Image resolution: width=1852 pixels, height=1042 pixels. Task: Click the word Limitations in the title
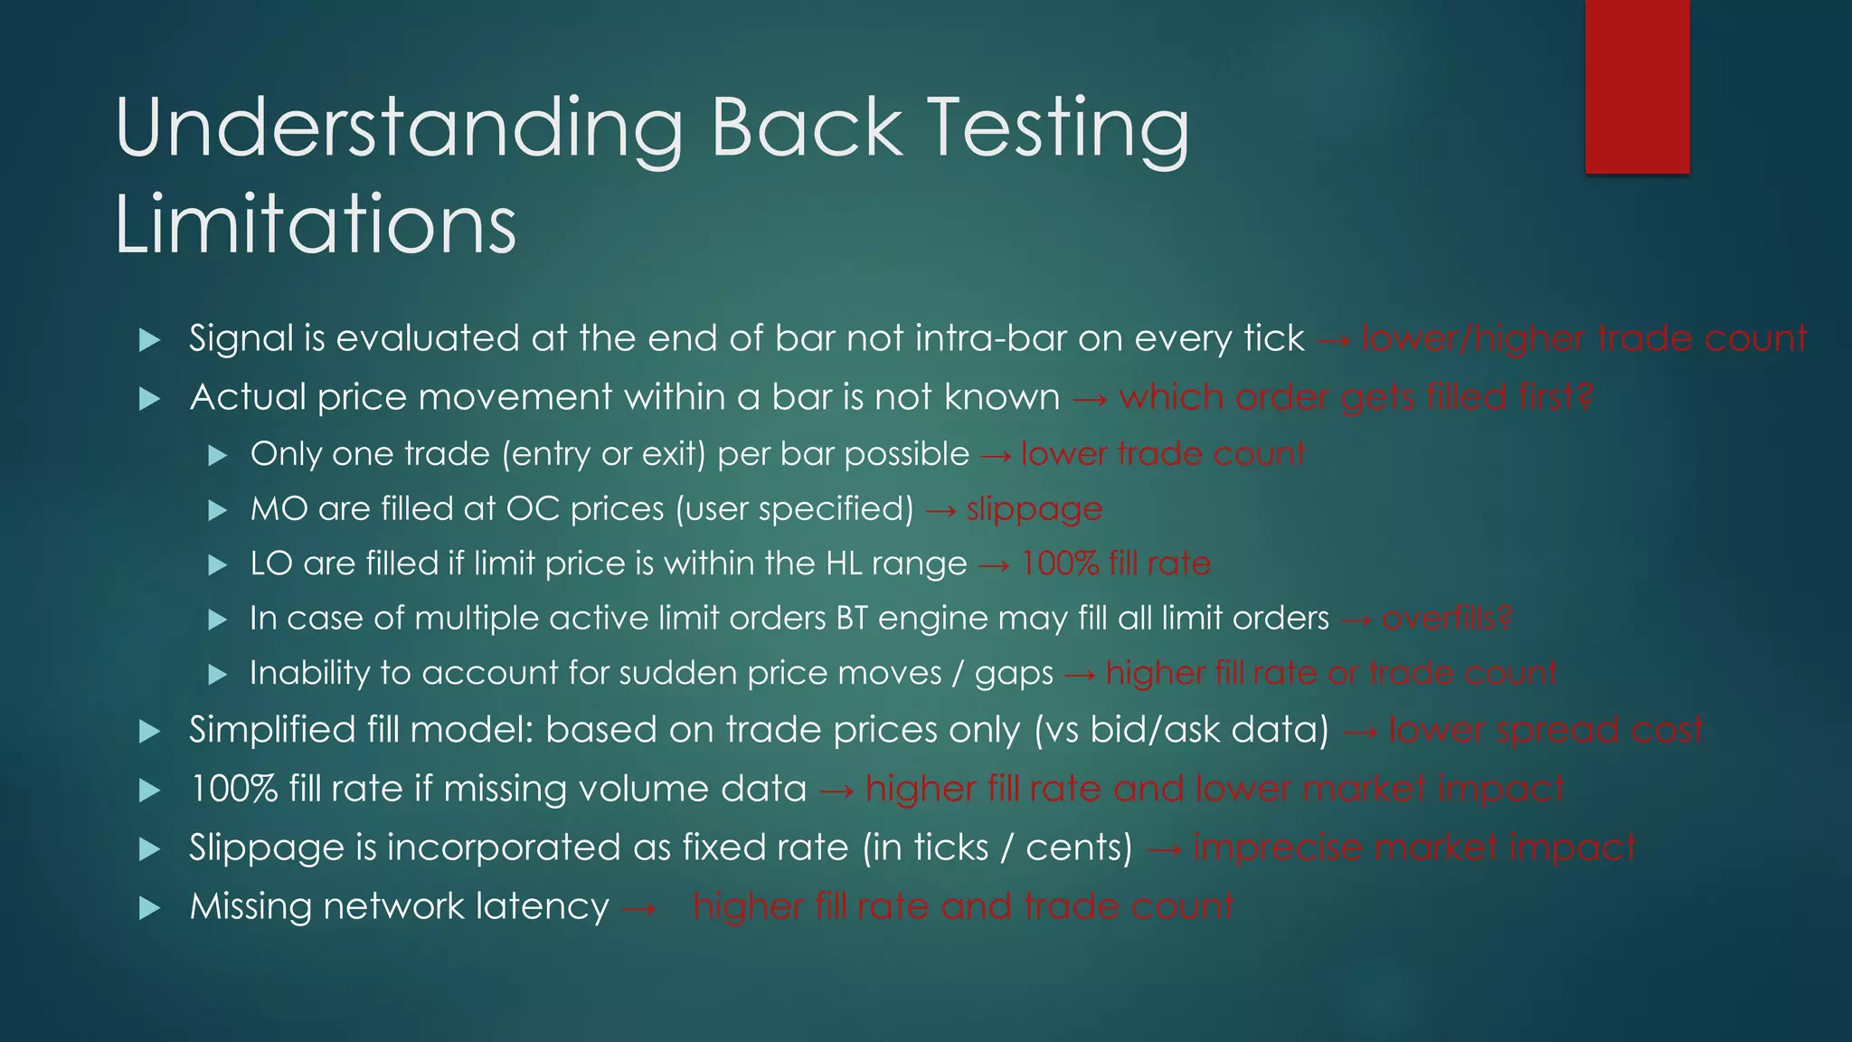[x=315, y=223]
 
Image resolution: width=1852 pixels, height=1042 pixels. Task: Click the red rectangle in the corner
[x=1637, y=87]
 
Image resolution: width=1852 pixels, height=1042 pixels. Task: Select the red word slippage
[x=1035, y=509]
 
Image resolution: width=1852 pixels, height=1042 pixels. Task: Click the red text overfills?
[x=1447, y=619]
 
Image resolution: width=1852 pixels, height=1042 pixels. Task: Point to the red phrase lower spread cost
[x=1545, y=730]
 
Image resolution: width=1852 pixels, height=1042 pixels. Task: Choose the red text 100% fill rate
[x=1116, y=564]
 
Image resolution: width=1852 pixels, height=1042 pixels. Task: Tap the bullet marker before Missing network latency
[x=150, y=908]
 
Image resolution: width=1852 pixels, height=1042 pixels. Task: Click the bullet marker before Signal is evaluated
[x=150, y=340]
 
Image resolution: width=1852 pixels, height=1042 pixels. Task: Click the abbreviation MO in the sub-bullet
[x=279, y=509]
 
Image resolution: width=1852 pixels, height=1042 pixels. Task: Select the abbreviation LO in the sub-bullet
[x=271, y=564]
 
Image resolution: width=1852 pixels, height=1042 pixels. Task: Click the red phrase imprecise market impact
[x=1414, y=848]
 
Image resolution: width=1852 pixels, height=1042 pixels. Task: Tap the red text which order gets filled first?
[x=1356, y=398]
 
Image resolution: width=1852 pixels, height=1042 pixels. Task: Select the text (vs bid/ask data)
[x=1182, y=730]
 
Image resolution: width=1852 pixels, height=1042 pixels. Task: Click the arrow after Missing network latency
[x=639, y=908]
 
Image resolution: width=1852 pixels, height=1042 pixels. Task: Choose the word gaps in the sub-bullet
[x=1014, y=674]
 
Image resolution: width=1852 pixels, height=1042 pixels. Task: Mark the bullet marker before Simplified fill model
[x=150, y=732]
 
